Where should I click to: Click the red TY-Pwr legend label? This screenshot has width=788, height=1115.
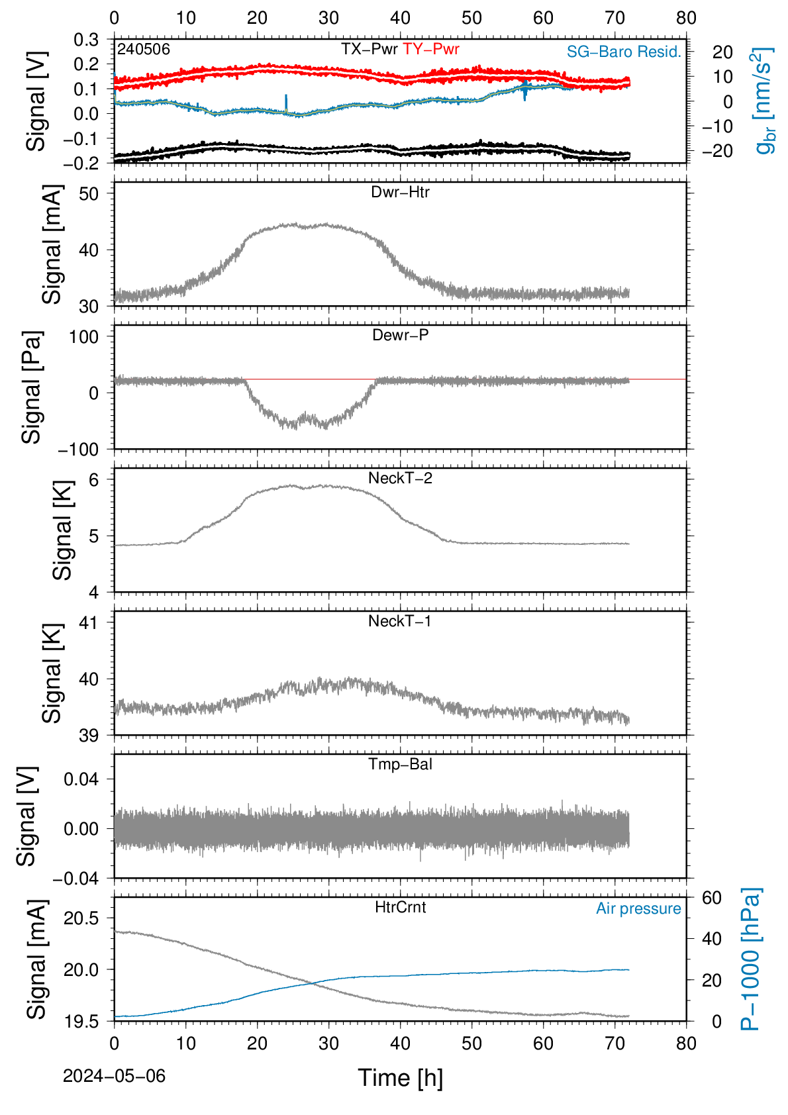[x=430, y=49]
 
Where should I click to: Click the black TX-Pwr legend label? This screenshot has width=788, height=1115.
[x=369, y=49]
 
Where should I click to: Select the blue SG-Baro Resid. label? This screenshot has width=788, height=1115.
[x=624, y=51]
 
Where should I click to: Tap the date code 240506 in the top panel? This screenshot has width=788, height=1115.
[x=144, y=49]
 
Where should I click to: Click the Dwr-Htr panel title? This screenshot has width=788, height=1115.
[x=400, y=192]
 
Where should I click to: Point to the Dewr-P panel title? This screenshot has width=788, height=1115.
[x=400, y=335]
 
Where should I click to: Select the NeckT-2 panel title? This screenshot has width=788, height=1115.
[x=400, y=478]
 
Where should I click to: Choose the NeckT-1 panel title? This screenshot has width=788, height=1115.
[x=400, y=621]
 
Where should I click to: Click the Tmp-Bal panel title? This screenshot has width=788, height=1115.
[x=400, y=764]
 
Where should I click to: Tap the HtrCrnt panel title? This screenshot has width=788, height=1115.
[x=400, y=907]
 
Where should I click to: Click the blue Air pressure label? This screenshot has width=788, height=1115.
[x=638, y=908]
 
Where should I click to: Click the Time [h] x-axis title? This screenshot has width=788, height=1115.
[x=400, y=1078]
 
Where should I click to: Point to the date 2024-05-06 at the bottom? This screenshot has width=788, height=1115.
[x=114, y=1076]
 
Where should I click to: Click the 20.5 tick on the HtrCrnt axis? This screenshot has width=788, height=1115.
[x=81, y=918]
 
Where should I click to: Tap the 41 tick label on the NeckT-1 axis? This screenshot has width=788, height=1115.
[x=89, y=622]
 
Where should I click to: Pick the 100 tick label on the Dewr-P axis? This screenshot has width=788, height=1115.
[x=83, y=337]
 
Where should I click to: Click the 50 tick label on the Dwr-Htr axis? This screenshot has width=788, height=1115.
[x=89, y=193]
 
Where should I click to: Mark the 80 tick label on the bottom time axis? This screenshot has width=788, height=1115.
[x=686, y=1043]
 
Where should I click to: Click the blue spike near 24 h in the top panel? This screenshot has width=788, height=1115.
[x=285, y=103]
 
